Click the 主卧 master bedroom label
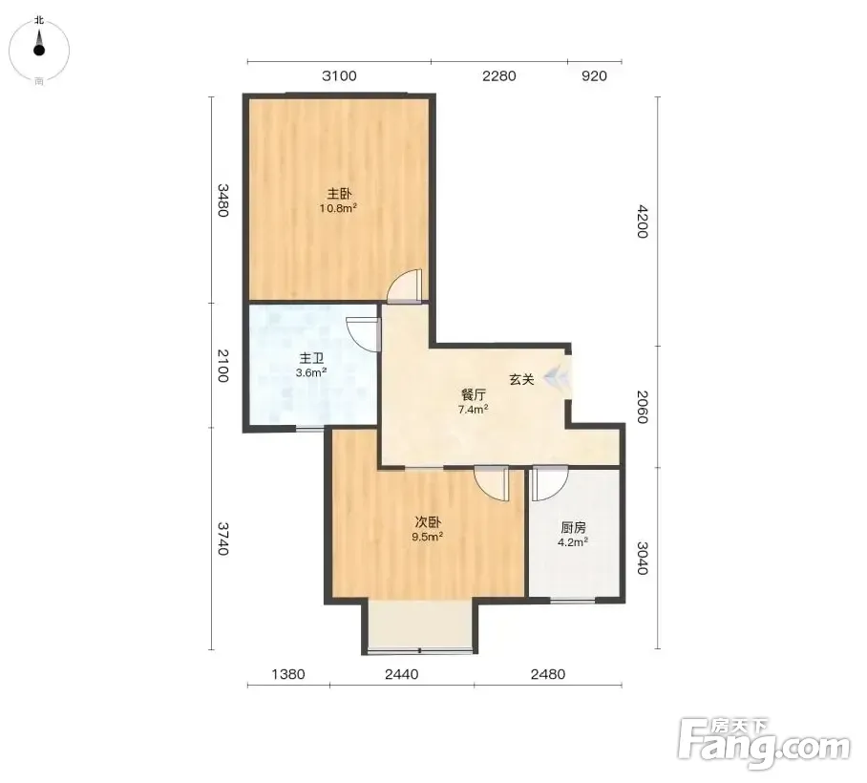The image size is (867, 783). tap(339, 194)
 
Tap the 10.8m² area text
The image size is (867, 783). tap(338, 208)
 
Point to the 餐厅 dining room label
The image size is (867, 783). tap(474, 394)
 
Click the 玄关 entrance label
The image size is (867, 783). tap(521, 379)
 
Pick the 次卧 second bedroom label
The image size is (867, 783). tap(428, 522)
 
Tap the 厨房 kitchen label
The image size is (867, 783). tap(573, 527)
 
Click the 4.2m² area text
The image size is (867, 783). tap(572, 542)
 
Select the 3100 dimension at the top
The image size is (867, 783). tap(339, 75)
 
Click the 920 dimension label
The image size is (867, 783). tap(594, 75)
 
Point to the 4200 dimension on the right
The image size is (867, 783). tap(642, 222)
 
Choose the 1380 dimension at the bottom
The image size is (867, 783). tap(288, 674)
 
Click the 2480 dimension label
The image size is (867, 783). tap(548, 674)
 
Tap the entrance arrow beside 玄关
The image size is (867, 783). tap(554, 378)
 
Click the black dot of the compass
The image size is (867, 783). tap(39, 51)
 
